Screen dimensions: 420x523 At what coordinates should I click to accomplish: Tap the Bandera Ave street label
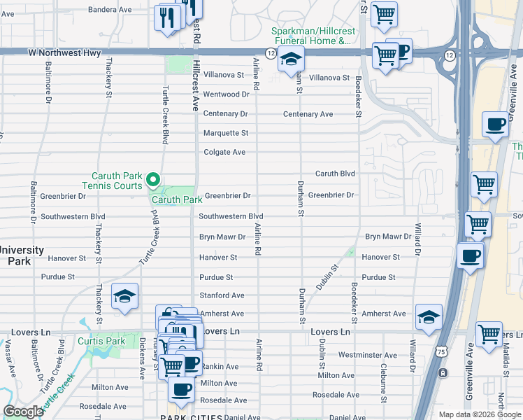(110, 10)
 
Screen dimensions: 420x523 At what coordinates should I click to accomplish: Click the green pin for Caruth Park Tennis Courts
(152, 182)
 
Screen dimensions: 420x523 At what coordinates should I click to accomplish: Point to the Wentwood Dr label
(226, 94)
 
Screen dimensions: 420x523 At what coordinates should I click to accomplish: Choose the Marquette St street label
(225, 133)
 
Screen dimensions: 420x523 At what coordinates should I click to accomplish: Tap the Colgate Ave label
(224, 152)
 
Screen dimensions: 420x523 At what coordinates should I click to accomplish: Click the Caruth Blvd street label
(335, 174)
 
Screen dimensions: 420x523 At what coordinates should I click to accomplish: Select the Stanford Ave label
(222, 296)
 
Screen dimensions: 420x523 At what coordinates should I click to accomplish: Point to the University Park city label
(22, 255)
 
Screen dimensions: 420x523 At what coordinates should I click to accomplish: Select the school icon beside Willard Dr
(429, 316)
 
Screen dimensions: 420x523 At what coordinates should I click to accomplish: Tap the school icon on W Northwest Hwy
(291, 59)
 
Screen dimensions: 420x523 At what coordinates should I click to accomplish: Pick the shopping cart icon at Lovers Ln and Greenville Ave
(489, 333)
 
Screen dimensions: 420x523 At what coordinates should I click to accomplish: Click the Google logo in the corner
(24, 412)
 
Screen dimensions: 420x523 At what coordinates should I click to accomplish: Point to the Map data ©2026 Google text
(479, 414)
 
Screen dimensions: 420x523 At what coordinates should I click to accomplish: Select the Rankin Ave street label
(220, 366)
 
